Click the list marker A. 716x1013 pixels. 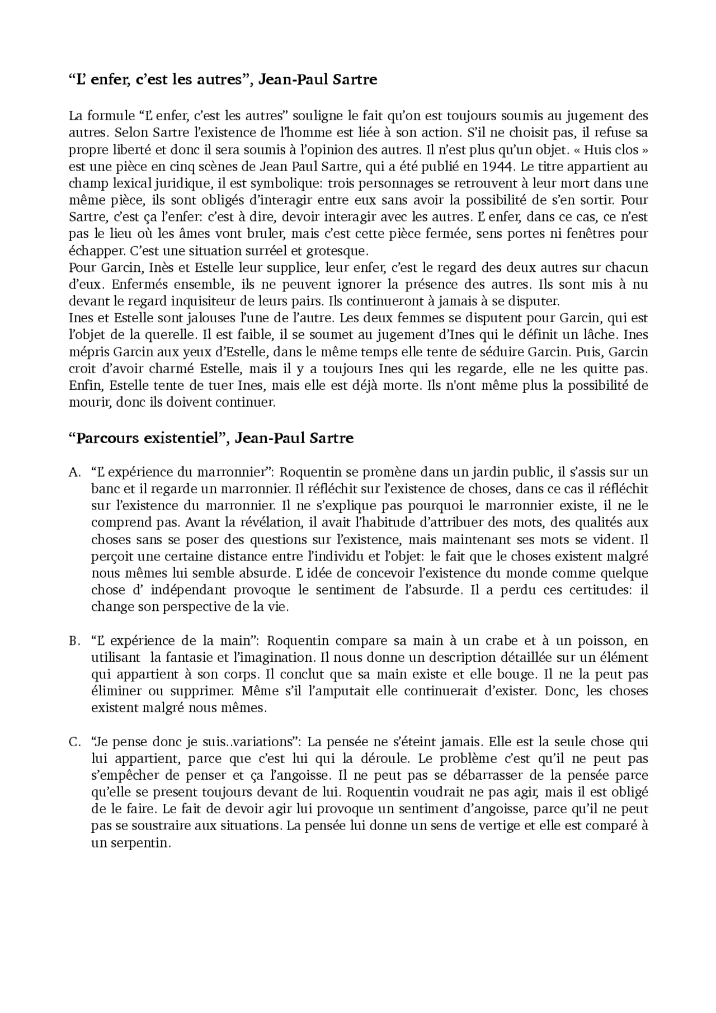click(x=74, y=473)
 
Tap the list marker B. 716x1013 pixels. click(x=74, y=641)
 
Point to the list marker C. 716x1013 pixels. click(x=74, y=742)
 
